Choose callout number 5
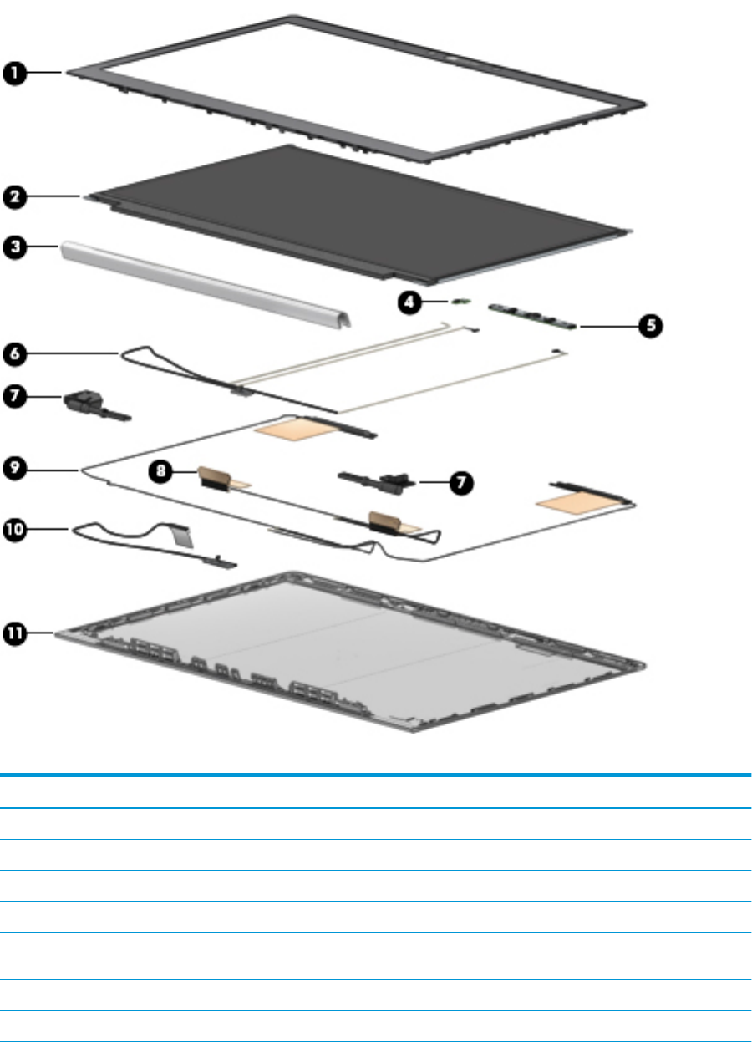point(650,325)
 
